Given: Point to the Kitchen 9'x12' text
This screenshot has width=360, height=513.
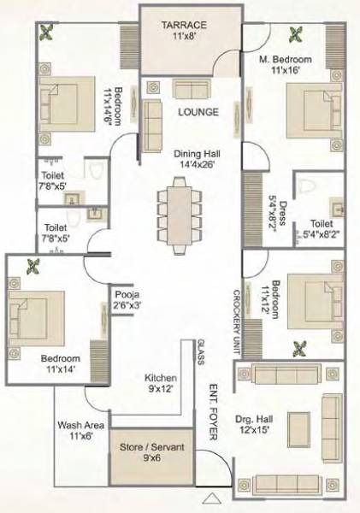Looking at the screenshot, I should [x=160, y=383].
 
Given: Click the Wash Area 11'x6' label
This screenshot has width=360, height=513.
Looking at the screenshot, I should [x=80, y=430].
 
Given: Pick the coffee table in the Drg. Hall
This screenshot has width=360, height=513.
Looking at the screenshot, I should [x=298, y=427].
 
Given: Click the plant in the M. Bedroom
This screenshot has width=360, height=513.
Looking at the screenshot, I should [x=297, y=35].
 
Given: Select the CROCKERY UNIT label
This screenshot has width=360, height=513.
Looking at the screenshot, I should [x=235, y=321].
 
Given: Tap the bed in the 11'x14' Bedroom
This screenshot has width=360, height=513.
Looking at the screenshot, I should [x=36, y=314].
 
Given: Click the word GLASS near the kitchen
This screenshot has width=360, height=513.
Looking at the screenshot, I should [x=201, y=351].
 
